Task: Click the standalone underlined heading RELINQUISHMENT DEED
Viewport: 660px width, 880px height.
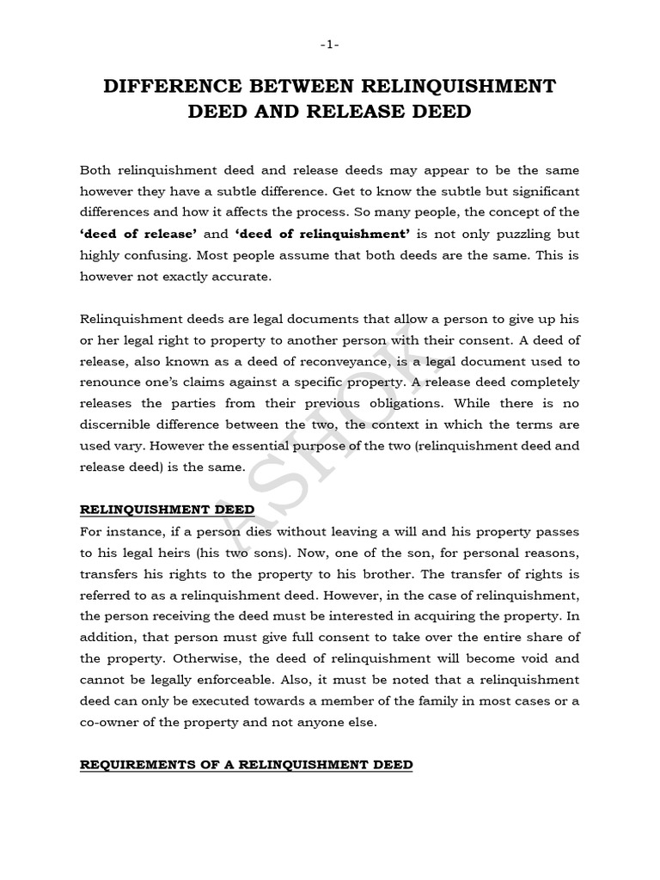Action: [162, 510]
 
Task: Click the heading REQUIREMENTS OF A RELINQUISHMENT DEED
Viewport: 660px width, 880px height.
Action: [246, 764]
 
